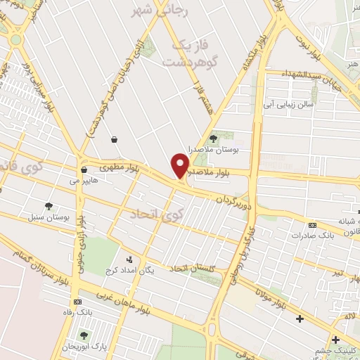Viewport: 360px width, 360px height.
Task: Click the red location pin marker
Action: coord(181,167)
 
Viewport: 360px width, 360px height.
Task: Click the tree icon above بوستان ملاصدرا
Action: coord(214,139)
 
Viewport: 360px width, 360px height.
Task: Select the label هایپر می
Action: coord(80,179)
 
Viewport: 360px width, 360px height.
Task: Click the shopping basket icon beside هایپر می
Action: coord(84,169)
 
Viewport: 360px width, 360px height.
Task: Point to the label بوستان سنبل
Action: coord(51,218)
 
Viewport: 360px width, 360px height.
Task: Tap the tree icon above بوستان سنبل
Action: coord(49,207)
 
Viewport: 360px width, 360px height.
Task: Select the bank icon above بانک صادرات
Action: coord(312,225)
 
